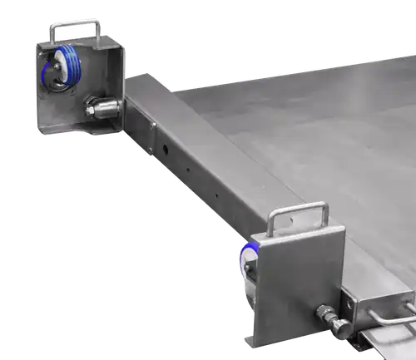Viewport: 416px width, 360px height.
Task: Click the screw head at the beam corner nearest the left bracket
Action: pos(155,126)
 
